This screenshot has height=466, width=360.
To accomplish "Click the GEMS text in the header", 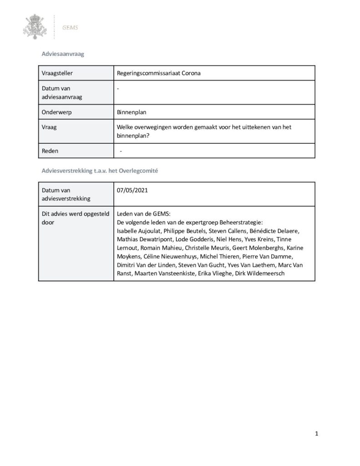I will pyautogui.click(x=71, y=27).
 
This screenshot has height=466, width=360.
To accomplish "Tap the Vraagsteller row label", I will pyautogui.click(x=57, y=73).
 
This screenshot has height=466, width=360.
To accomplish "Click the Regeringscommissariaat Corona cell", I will pyautogui.click(x=159, y=73).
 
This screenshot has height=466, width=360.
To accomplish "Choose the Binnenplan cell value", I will pyautogui.click(x=132, y=111).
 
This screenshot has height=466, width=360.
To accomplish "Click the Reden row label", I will pyautogui.click(x=50, y=151).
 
